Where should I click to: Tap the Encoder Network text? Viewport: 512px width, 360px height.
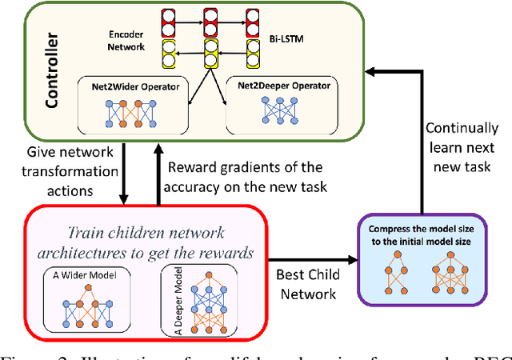tap(129, 40)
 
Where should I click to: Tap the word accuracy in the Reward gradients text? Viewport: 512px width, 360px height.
tap(203, 186)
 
